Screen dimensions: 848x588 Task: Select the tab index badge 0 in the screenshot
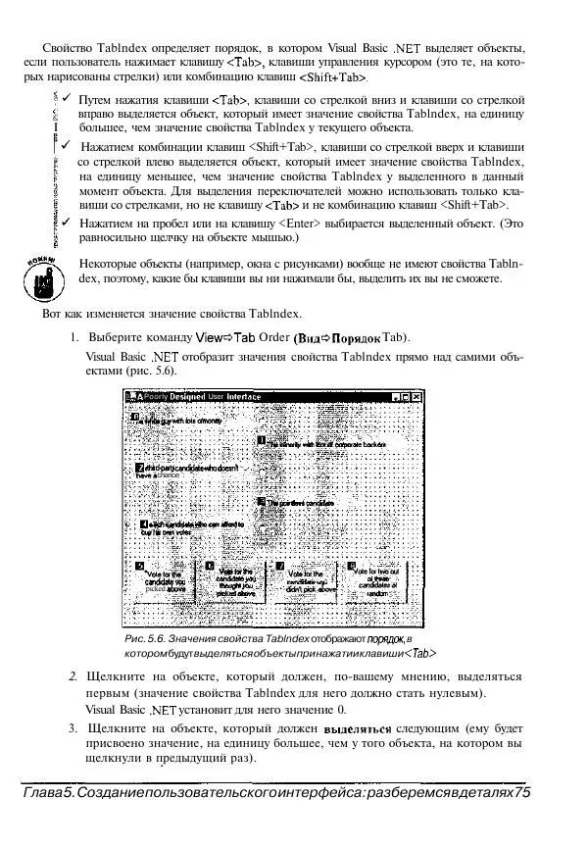(135, 417)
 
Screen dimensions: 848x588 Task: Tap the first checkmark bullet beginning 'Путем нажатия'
(65, 99)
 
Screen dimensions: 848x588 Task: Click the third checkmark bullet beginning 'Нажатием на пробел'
(65, 223)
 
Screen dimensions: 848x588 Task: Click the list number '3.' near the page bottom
(73, 729)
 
